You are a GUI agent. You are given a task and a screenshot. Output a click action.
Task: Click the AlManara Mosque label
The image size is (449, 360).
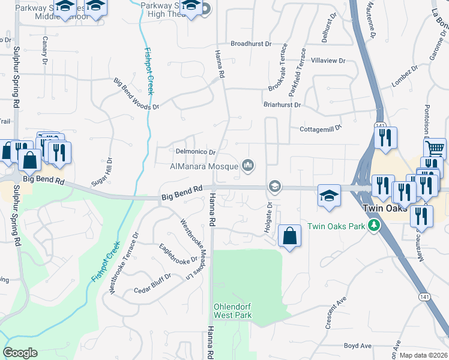click(x=204, y=166)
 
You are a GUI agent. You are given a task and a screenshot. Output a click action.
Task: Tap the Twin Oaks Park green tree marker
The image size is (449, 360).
click(x=375, y=226)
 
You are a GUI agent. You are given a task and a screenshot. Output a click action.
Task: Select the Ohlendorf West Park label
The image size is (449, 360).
click(x=232, y=311)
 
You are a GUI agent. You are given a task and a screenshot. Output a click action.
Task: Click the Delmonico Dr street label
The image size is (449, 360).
click(x=195, y=152)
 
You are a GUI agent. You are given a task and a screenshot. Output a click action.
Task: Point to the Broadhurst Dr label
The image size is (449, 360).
click(x=252, y=44)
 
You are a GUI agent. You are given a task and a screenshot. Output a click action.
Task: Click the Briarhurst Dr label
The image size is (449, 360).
click(x=282, y=104)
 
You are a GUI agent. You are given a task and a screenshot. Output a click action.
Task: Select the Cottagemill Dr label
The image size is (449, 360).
click(x=320, y=128)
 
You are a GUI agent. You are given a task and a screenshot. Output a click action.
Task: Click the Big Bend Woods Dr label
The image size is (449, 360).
click(x=136, y=94)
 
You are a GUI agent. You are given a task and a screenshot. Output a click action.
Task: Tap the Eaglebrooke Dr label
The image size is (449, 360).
click(x=178, y=254)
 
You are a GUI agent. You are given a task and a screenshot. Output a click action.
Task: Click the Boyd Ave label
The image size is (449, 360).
click(x=358, y=346)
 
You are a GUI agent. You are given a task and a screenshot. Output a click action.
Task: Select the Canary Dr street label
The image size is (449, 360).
click(x=44, y=50)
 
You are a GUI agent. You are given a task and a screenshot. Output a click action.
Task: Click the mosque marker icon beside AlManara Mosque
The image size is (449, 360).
click(x=247, y=166)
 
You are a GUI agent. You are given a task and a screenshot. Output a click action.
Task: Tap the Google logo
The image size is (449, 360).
click(x=20, y=353)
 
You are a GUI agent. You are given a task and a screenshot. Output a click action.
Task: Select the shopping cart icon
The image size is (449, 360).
click(x=435, y=146)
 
